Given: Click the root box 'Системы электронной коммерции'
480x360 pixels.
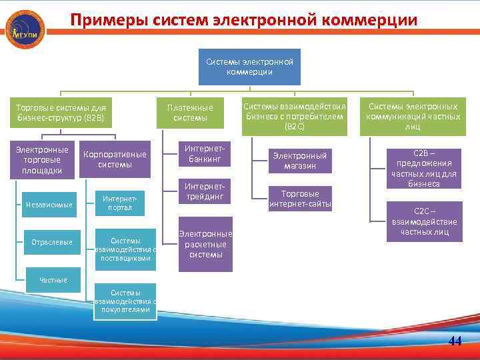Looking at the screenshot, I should click(x=249, y=67).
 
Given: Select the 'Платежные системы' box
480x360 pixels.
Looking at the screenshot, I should click(x=190, y=113).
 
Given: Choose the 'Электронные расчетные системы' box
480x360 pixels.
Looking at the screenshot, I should click(x=206, y=244).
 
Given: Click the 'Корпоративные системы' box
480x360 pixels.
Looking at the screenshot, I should click(x=115, y=159).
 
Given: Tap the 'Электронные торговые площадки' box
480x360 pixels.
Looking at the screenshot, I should click(x=42, y=159).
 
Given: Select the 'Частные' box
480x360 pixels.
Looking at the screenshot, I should click(x=53, y=279).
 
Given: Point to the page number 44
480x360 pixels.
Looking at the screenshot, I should click(x=455, y=341).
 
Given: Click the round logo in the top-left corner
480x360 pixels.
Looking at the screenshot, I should click(x=25, y=29).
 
